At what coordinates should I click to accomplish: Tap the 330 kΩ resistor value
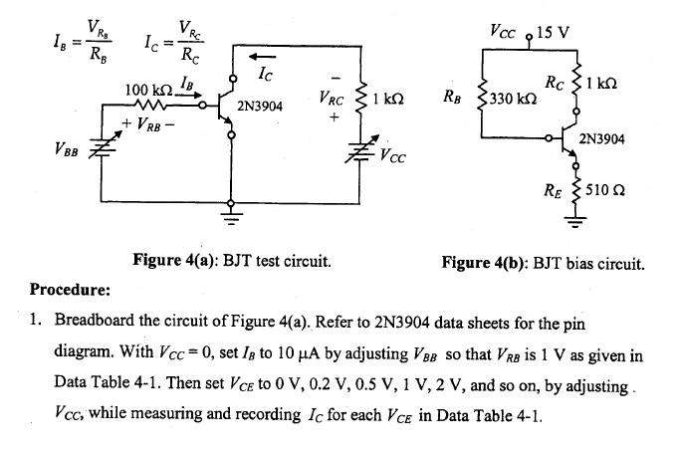[x=514, y=100]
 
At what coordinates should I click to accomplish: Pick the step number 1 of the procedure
[x=37, y=323]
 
